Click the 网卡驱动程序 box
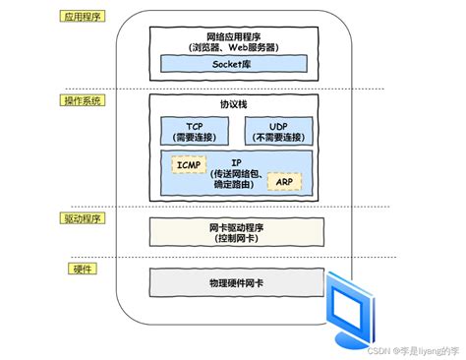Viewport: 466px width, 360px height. [x=236, y=231]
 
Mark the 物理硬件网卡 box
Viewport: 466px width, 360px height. [x=236, y=282]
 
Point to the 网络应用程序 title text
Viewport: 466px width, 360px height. [x=236, y=34]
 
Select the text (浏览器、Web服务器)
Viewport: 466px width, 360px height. [x=236, y=46]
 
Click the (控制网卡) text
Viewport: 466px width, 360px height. [x=236, y=237]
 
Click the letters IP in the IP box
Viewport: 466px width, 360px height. [x=236, y=160]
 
